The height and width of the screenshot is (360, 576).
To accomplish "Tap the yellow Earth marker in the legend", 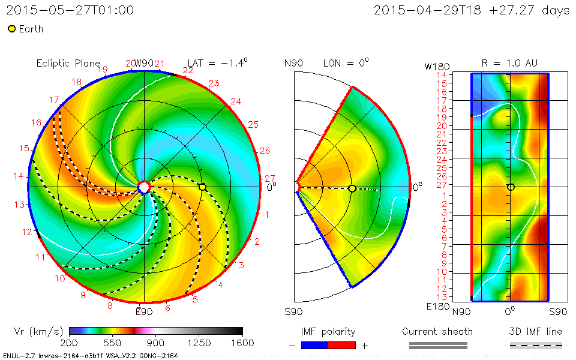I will pyautogui.click(x=11, y=29).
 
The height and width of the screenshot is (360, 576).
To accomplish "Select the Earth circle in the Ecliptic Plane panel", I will pyautogui.click(x=202, y=187).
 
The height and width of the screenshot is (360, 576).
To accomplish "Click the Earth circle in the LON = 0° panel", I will pyautogui.click(x=352, y=188).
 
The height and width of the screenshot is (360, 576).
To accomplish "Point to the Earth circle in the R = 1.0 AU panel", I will pyautogui.click(x=511, y=187).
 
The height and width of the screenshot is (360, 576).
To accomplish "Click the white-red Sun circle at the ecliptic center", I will pyautogui.click(x=143, y=187).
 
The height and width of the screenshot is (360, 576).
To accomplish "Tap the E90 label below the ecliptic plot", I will pyautogui.click(x=144, y=311).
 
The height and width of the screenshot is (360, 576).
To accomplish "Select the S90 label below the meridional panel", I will pyautogui.click(x=294, y=311).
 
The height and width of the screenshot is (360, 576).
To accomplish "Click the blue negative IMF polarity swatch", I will pyautogui.click(x=315, y=346).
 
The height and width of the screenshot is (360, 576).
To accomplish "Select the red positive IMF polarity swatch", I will pyautogui.click(x=342, y=346).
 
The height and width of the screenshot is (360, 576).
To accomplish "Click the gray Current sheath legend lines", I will pyautogui.click(x=437, y=345).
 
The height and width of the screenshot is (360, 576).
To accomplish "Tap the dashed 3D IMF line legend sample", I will pyautogui.click(x=536, y=345).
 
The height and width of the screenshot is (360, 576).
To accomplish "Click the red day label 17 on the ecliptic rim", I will pyautogui.click(x=54, y=100).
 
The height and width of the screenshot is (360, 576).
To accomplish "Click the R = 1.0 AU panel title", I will pyautogui.click(x=509, y=63).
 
